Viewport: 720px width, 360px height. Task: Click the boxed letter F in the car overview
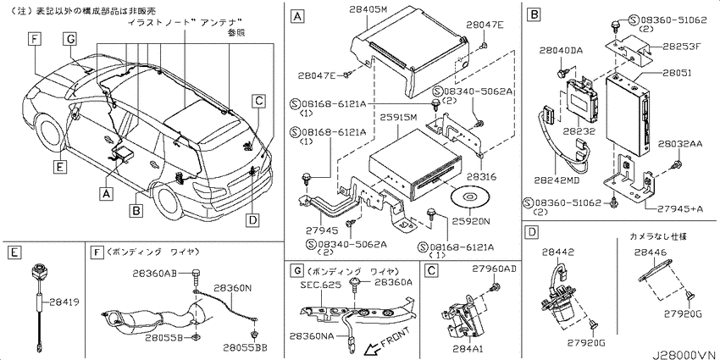tap(34, 39)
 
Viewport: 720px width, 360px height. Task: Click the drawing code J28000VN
tap(685, 354)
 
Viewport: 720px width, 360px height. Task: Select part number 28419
tap(63, 302)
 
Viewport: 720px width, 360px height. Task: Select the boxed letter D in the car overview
tap(252, 220)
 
